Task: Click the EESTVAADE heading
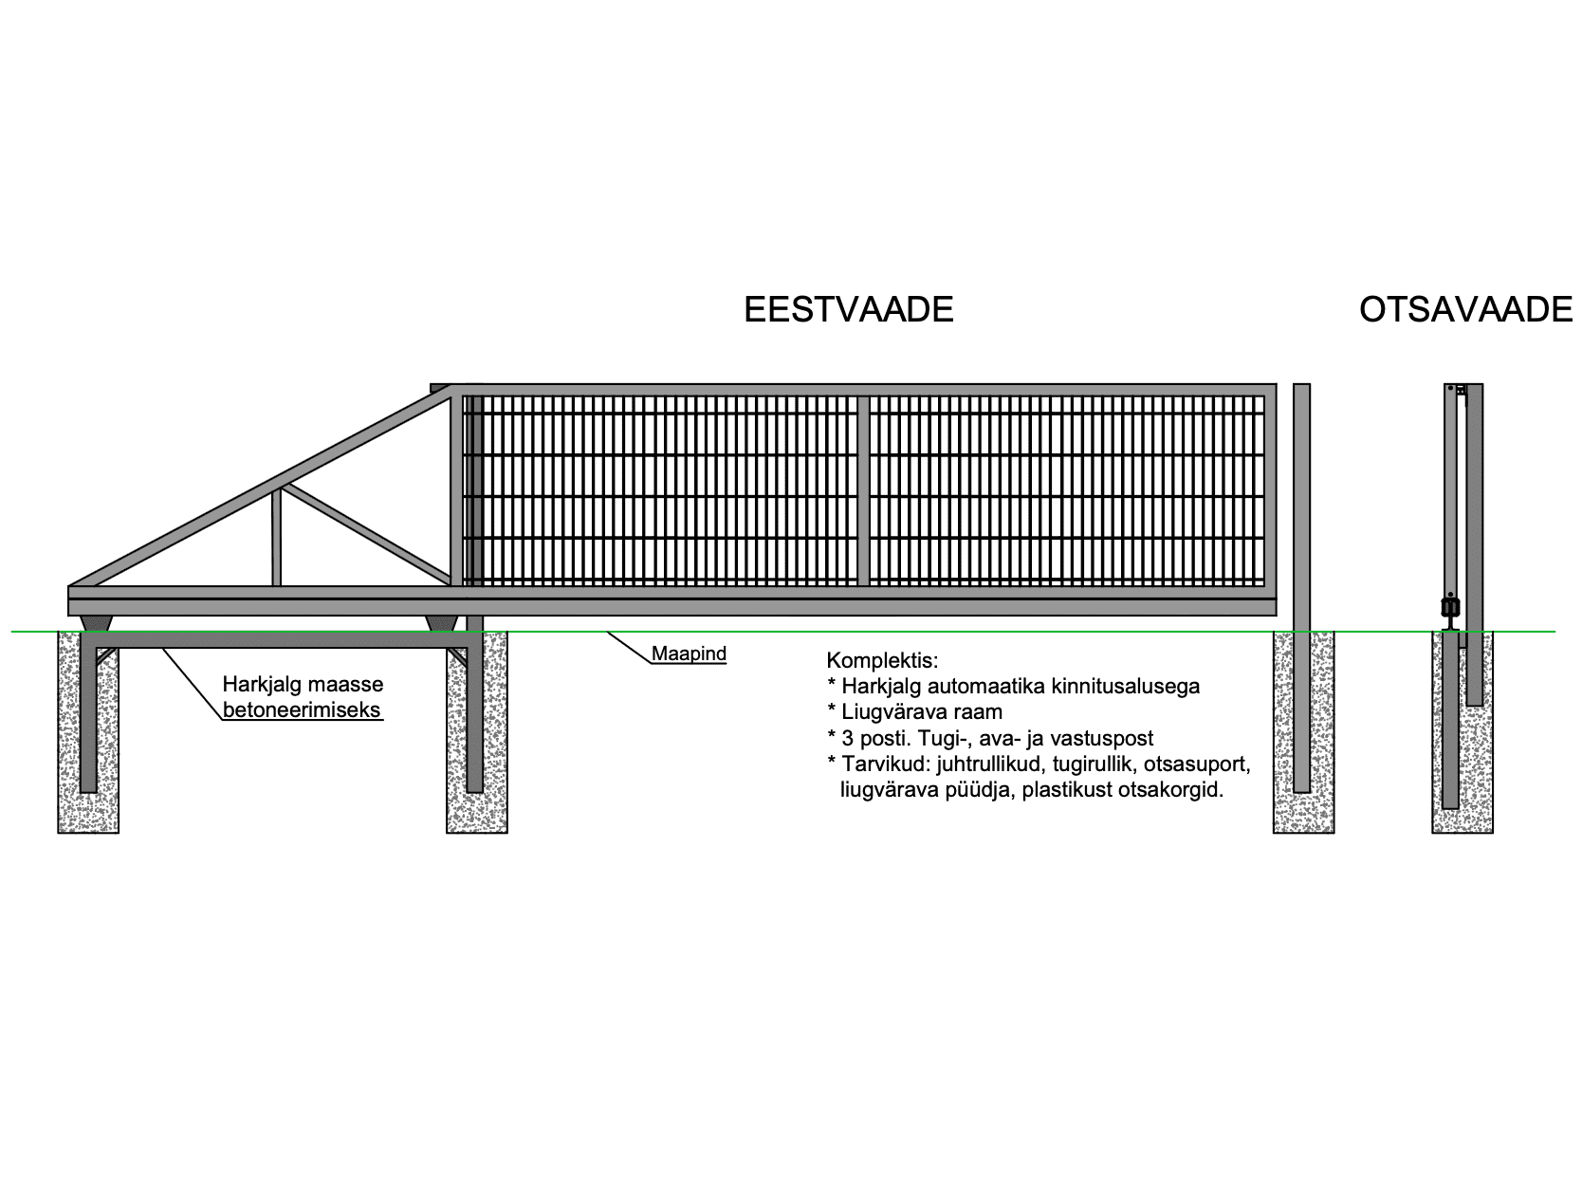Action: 848,309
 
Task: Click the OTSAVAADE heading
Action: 1465,309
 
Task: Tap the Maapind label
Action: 689,654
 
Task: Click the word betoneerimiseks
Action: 302,709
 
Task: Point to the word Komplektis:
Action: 882,660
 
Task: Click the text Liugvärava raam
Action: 922,712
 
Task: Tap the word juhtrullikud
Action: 989,764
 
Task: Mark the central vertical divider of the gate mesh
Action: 863,490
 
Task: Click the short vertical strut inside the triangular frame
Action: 277,538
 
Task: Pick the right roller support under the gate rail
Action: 442,623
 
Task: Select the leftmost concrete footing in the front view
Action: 88,732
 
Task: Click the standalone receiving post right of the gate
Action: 1301,588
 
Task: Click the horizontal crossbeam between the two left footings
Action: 282,640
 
